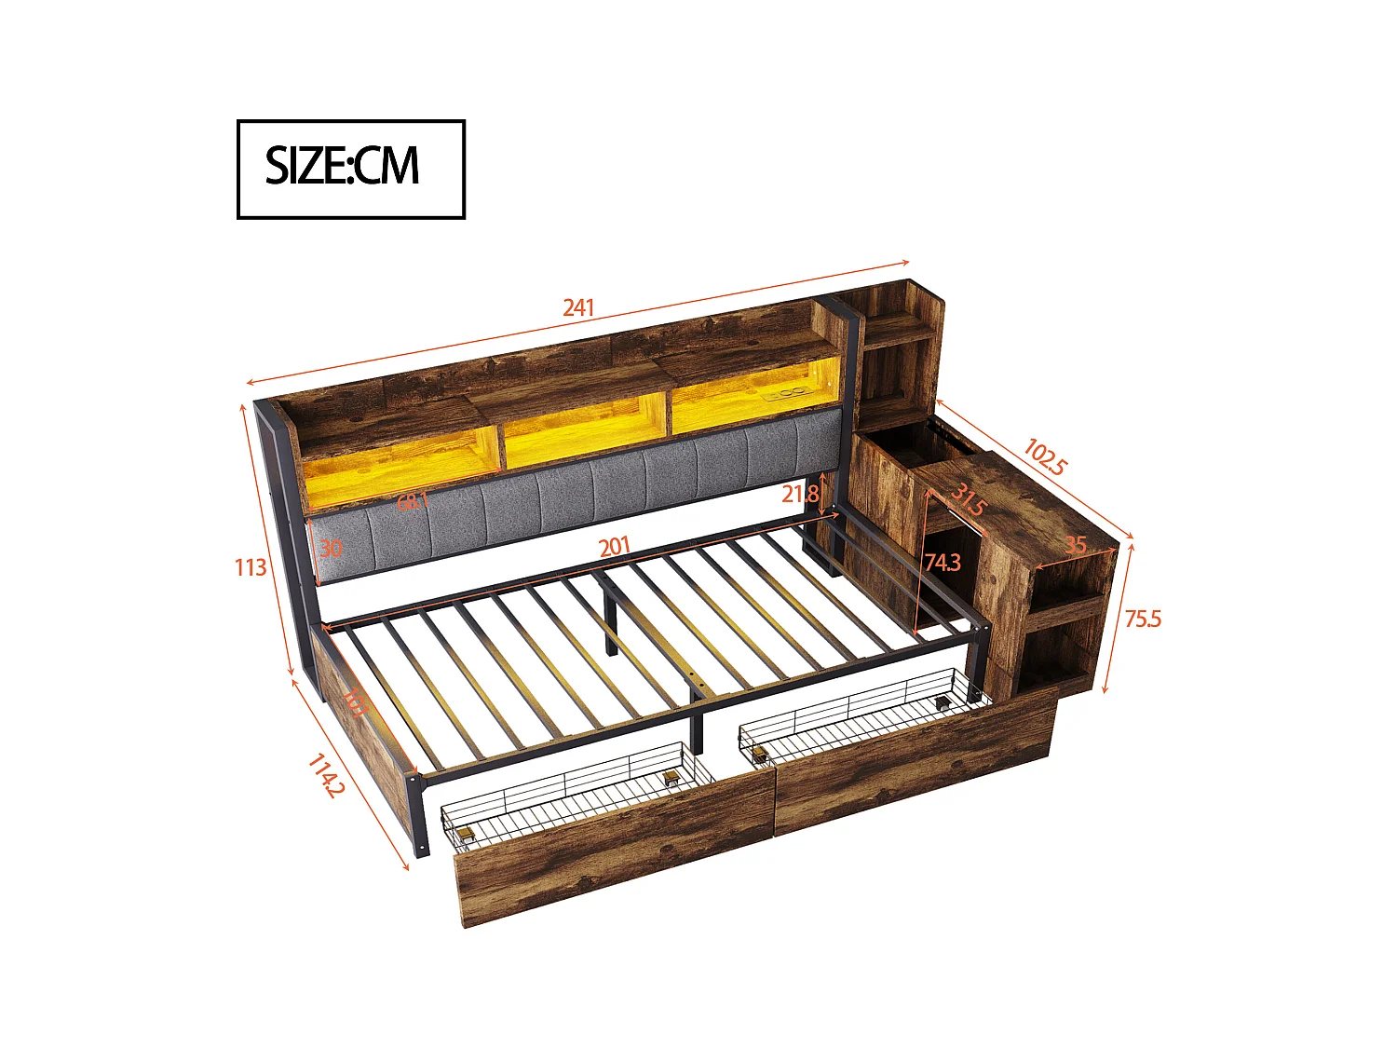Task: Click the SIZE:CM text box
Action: [x=350, y=169]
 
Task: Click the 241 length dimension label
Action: [x=578, y=306]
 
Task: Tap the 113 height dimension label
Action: [x=251, y=566]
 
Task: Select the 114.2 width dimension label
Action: [x=326, y=775]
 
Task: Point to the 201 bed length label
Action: [x=615, y=546]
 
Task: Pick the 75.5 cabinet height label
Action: [x=1143, y=619]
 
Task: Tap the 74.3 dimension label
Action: [x=943, y=562]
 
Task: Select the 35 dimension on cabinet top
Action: [x=1076, y=544]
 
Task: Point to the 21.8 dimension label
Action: [x=800, y=494]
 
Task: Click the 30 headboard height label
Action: [x=331, y=548]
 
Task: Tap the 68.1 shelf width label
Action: [x=413, y=501]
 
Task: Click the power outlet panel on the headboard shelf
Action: [x=788, y=395]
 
